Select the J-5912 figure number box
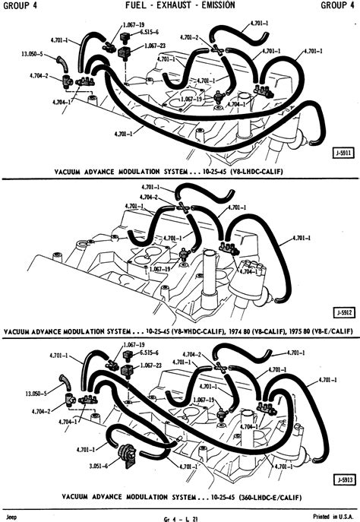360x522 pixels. click(x=344, y=312)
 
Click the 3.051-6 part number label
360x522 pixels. click(x=99, y=466)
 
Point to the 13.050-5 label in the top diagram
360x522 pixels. click(x=32, y=54)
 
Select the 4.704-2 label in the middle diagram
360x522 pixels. click(x=149, y=197)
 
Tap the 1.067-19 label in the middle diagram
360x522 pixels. click(x=159, y=269)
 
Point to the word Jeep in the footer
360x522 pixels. click(x=11, y=517)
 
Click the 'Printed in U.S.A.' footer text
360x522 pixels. click(x=333, y=517)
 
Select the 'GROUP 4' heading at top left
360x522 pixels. click(x=21, y=5)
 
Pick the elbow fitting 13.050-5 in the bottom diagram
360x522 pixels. click(x=65, y=383)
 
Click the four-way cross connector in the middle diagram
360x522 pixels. click(x=182, y=207)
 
